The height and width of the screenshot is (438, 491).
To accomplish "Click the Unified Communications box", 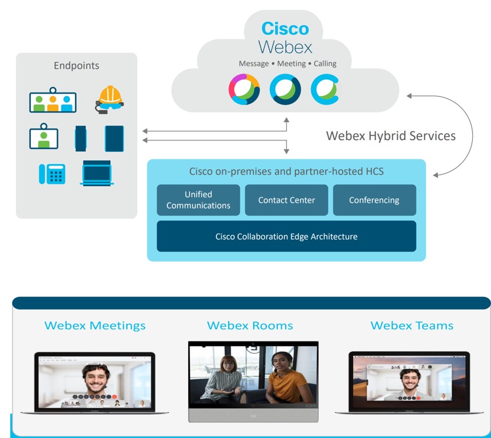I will coord(198,200).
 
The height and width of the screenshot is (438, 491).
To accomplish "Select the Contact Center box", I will coord(286,200).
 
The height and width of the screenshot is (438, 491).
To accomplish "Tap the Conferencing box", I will coord(374,200).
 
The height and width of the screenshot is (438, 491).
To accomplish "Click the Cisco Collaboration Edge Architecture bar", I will coord(286,236).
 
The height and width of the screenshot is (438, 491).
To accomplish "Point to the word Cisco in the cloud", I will coord(285,29).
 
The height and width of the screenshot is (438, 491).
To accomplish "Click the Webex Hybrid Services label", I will coord(391,136).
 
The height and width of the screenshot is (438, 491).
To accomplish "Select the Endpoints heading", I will coord(77,66).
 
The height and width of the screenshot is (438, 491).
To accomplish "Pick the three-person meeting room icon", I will coord(53,101).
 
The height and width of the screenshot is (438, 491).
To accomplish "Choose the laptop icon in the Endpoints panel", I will coord(97,173).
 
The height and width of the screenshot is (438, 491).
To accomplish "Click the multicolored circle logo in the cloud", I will coord(244,90).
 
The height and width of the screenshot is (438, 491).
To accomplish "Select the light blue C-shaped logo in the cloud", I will coord(325,90).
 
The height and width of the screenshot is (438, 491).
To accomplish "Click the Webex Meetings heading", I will coord(95,326).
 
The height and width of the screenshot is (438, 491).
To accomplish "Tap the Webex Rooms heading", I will coord(250,326).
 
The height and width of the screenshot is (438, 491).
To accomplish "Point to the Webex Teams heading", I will coord(412,326).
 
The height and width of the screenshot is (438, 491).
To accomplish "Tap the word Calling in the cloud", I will coord(325,63).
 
